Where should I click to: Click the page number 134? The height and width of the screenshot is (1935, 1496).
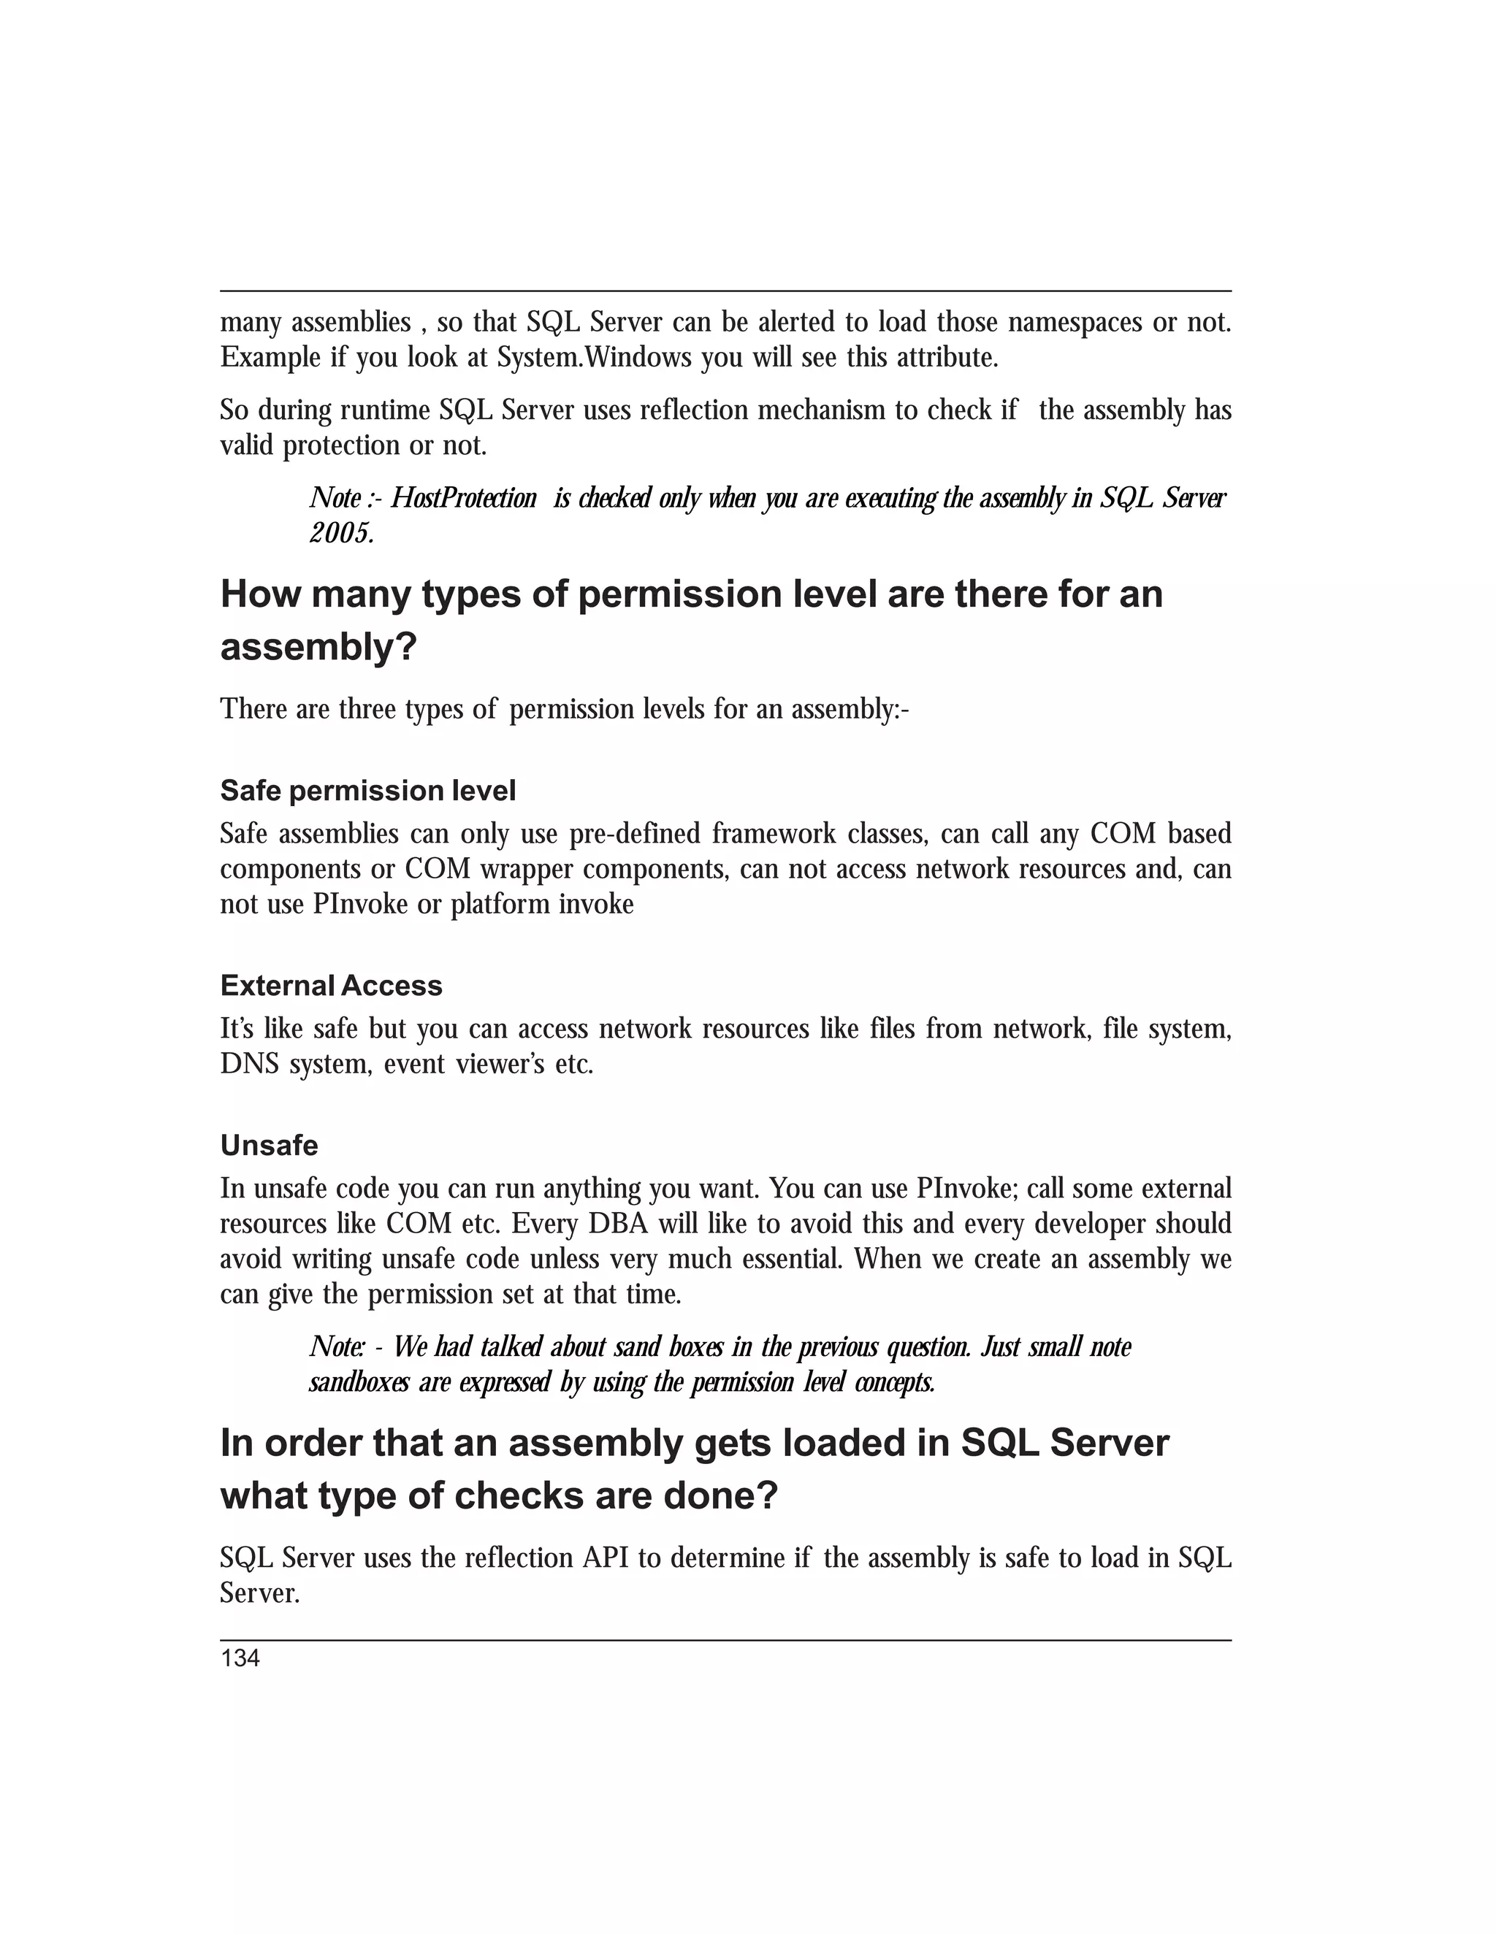(240, 1658)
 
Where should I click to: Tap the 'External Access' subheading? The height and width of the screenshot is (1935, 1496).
(332, 985)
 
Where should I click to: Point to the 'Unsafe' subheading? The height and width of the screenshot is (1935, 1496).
(270, 1145)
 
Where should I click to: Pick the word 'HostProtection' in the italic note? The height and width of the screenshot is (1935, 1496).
(464, 498)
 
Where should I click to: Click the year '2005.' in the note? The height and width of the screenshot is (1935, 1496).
(341, 533)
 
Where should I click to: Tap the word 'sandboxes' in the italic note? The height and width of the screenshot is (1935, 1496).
(358, 1382)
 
